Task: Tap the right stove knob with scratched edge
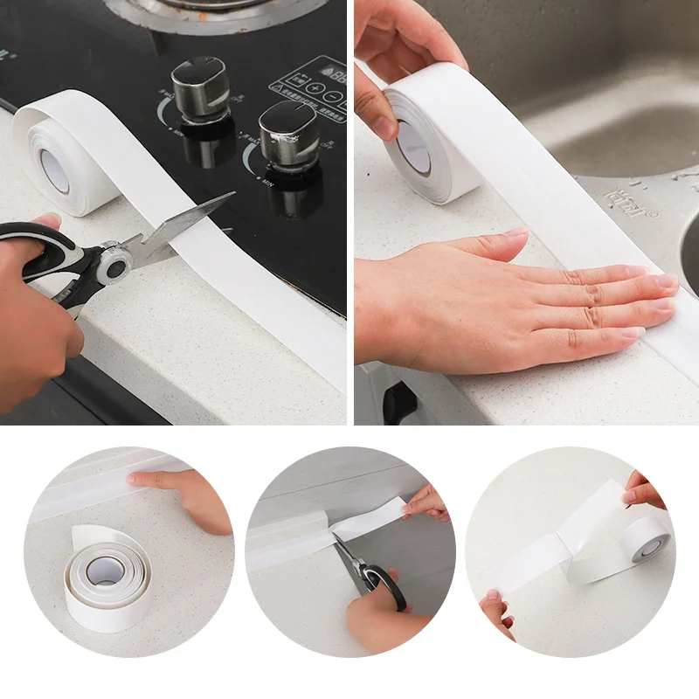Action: point(288,133)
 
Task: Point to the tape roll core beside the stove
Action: point(54,170)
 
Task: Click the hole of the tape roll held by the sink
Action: point(413,147)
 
